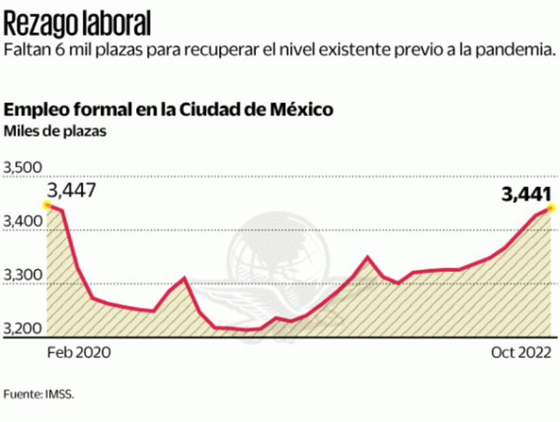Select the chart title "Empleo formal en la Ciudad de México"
pyautogui.click(x=169, y=110)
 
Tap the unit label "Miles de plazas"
pyautogui.click(x=55, y=131)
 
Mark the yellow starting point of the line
pyautogui.click(x=46, y=204)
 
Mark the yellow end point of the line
pyautogui.click(x=550, y=208)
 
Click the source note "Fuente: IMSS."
pyautogui.click(x=39, y=394)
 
